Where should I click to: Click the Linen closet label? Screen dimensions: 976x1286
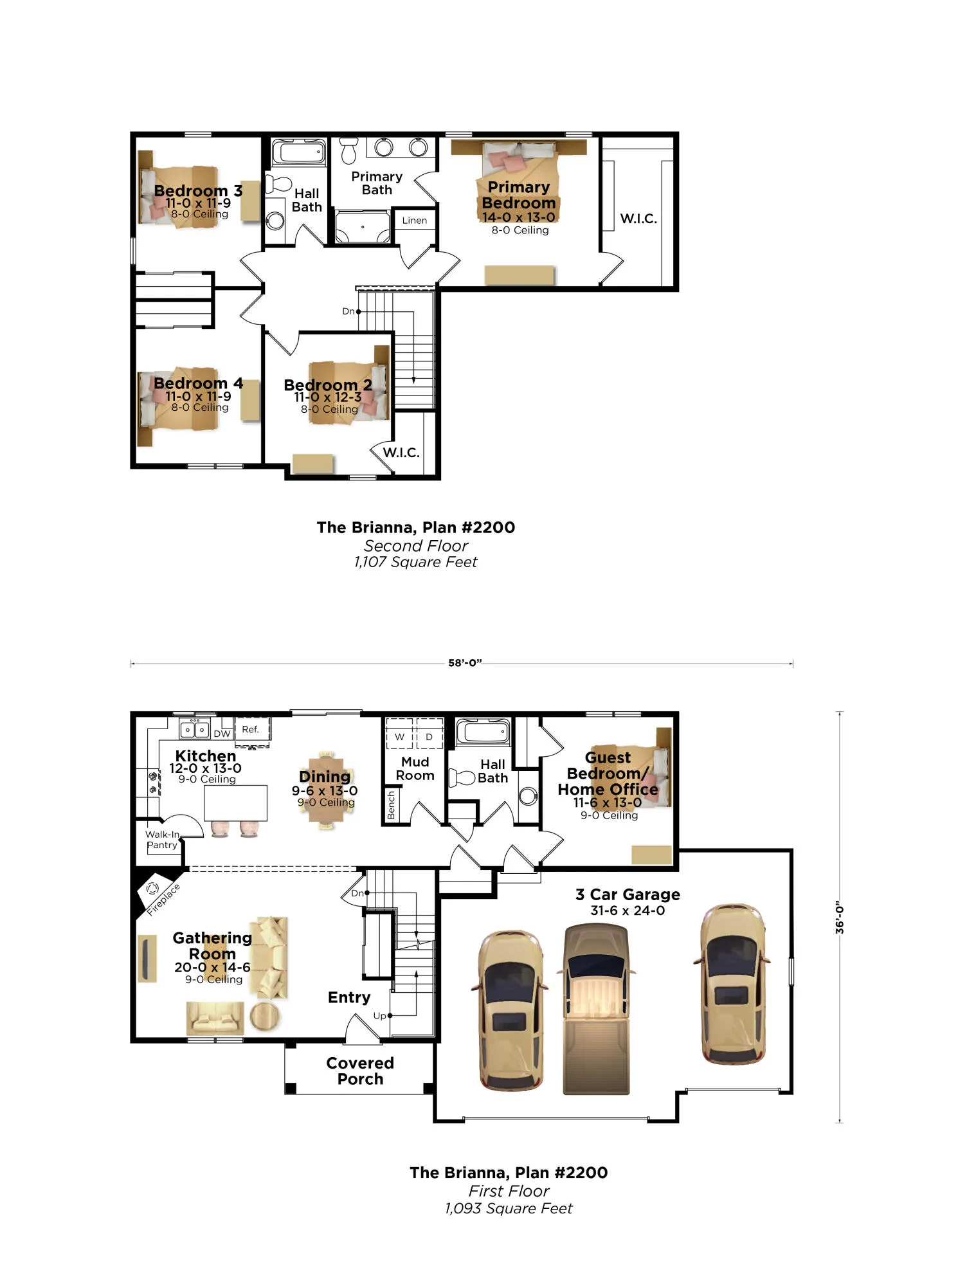pos(414,221)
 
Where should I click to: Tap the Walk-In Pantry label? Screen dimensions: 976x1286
pos(162,840)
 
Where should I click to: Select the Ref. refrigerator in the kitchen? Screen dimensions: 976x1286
pos(251,731)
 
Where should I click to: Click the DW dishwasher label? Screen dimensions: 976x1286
pos(222,734)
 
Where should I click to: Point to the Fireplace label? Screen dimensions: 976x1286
pos(163,900)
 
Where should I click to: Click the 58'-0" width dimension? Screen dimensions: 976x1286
pos(465,663)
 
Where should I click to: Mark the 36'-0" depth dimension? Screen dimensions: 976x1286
pos(839,917)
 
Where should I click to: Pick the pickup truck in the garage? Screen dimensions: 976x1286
pos(596,1009)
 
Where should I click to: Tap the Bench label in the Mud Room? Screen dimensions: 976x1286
pos(391,806)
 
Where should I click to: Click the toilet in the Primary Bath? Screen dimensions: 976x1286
pos(348,150)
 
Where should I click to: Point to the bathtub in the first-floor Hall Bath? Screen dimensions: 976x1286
pos(483,732)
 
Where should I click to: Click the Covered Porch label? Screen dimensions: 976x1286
pos(360,1071)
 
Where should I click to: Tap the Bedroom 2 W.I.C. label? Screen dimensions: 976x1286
pos(401,453)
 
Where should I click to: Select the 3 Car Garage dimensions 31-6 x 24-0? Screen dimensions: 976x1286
pos(628,910)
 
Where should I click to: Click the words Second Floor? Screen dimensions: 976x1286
pos(416,546)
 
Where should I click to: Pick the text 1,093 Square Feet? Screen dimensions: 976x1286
pos(509,1209)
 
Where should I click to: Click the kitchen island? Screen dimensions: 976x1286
pos(235,803)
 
